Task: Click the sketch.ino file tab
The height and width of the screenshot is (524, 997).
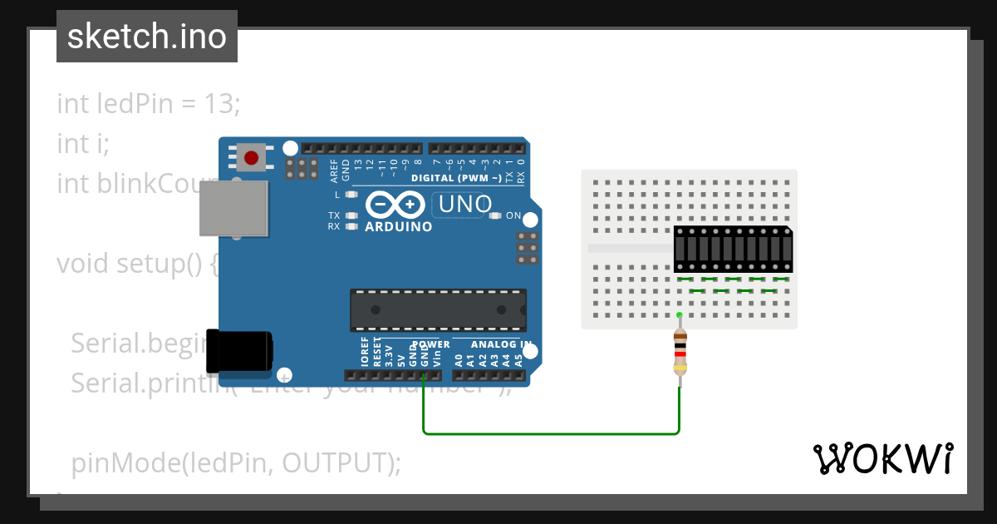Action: click(147, 37)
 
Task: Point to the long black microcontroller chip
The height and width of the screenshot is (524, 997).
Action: click(438, 309)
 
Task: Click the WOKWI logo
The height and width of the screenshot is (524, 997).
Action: click(882, 458)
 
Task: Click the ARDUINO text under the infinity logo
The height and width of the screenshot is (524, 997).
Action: click(399, 226)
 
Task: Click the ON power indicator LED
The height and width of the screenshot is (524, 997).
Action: click(496, 216)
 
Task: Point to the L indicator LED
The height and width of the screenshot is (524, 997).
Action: click(351, 195)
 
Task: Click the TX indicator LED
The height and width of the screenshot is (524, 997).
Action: click(351, 215)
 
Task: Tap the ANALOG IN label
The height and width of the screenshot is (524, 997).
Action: click(501, 344)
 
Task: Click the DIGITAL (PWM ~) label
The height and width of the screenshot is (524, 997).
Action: click(456, 178)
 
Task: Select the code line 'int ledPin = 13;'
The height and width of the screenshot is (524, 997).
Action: click(148, 104)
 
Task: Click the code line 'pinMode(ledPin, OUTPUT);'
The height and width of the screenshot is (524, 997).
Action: click(235, 462)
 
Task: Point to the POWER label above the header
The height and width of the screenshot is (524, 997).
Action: click(430, 344)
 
